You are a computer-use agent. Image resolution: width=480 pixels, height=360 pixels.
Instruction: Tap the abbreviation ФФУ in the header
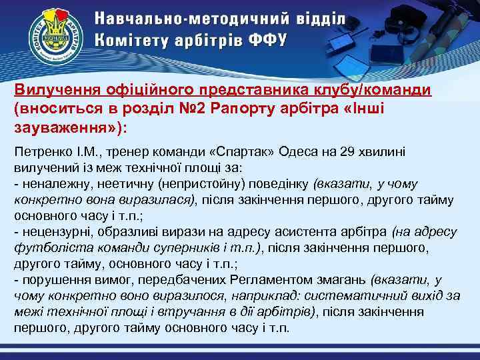click(x=267, y=39)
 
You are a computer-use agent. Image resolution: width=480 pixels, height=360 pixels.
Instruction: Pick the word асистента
click(x=306, y=232)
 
